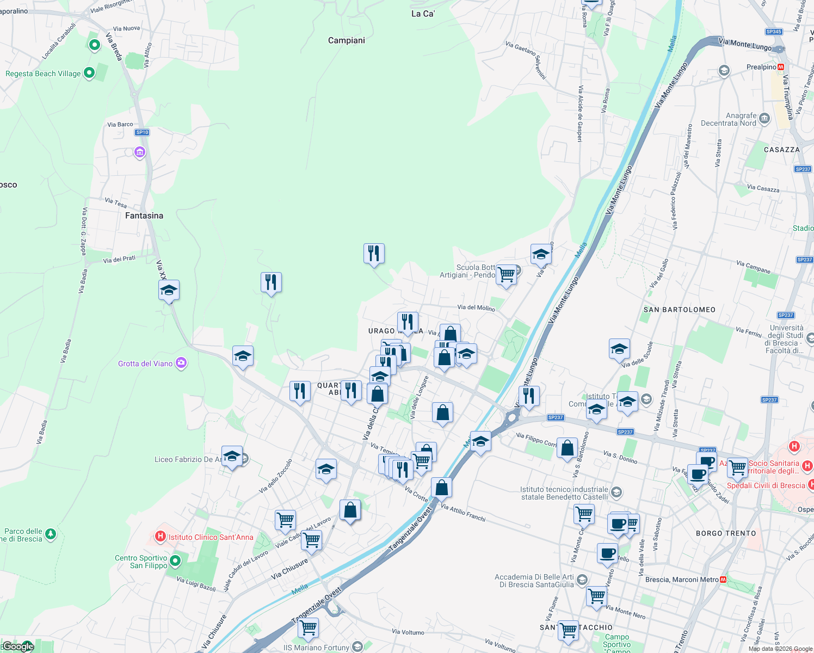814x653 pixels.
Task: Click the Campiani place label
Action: tap(347, 40)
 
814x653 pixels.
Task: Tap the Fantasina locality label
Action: tap(144, 215)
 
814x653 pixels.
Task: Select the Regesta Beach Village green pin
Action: tap(89, 73)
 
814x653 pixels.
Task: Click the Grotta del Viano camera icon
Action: tap(181, 363)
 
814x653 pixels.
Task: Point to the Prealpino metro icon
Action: tap(781, 67)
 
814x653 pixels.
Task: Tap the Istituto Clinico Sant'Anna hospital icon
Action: tap(160, 537)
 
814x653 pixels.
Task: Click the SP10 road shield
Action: tap(142, 132)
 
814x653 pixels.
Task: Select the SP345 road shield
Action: tap(774, 32)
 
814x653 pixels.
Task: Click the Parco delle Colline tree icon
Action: tap(51, 534)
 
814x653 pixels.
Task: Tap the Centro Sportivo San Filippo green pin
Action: tap(175, 560)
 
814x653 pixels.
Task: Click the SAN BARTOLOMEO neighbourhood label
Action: tap(680, 310)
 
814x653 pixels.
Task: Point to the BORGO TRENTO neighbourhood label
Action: tap(726, 533)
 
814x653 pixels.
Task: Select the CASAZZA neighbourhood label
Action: tap(782, 150)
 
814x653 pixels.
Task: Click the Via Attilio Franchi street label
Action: tap(463, 513)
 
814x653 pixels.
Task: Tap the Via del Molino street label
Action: tap(476, 308)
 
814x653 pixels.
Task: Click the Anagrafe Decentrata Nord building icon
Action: tap(764, 119)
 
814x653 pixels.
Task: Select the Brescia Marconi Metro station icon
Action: tap(723, 580)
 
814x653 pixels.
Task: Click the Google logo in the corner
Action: tap(18, 646)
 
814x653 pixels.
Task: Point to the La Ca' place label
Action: tap(423, 14)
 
